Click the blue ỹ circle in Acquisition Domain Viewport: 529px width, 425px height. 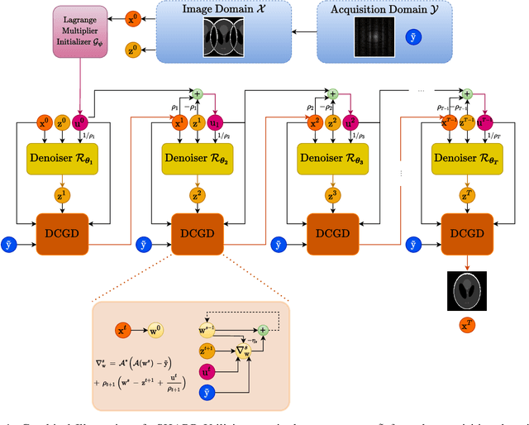pyautogui.click(x=414, y=38)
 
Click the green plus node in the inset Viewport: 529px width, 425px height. pyautogui.click(x=263, y=329)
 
